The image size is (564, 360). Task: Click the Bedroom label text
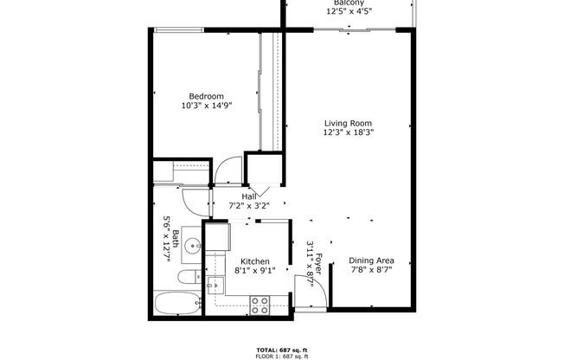click(207, 96)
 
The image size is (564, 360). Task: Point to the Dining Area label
click(372, 260)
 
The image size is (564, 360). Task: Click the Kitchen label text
click(255, 261)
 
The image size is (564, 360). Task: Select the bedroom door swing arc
click(227, 170)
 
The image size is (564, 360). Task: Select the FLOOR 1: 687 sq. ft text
click(281, 355)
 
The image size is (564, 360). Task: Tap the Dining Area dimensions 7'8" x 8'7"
click(372, 270)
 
